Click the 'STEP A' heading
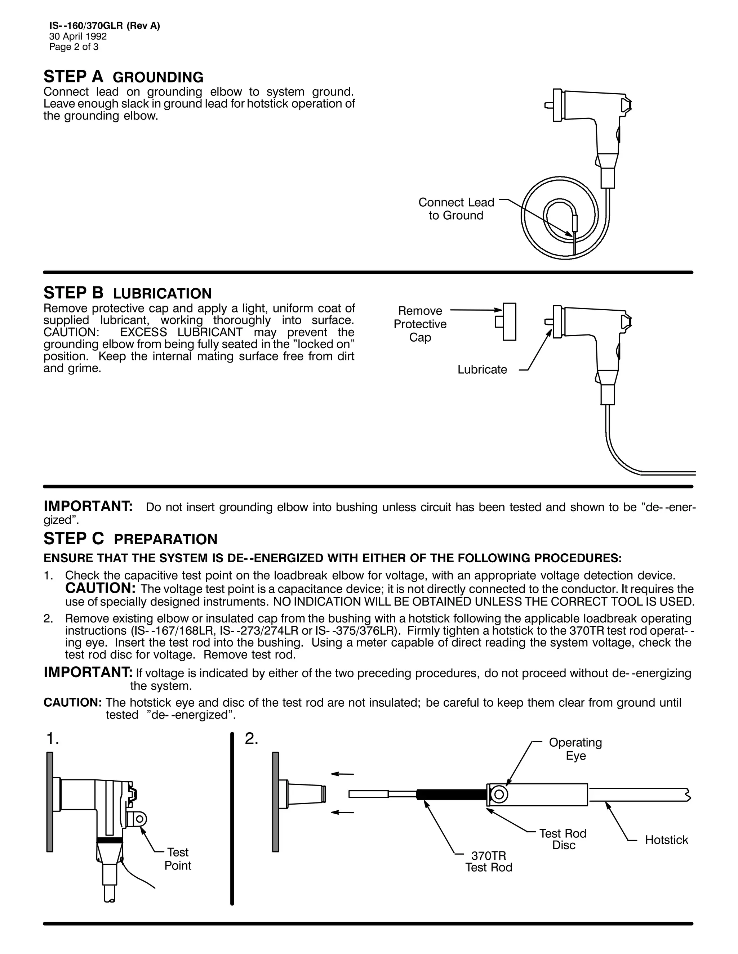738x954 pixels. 74,77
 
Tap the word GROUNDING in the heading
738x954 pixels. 158,78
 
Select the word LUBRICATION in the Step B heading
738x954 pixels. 162,293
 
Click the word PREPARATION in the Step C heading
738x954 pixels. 165,540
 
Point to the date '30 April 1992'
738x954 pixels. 78,36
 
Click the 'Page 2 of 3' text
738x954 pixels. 74,47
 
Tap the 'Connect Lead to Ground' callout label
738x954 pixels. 456,209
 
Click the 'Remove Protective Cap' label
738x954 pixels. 420,324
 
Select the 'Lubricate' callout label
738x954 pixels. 482,370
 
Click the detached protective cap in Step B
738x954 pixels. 508,321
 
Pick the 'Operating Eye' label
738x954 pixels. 575,749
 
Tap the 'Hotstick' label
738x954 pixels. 666,840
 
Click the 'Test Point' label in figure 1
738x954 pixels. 178,858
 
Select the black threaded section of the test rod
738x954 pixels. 450,794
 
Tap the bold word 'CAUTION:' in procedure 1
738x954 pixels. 101,588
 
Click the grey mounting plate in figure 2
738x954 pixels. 275,802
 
